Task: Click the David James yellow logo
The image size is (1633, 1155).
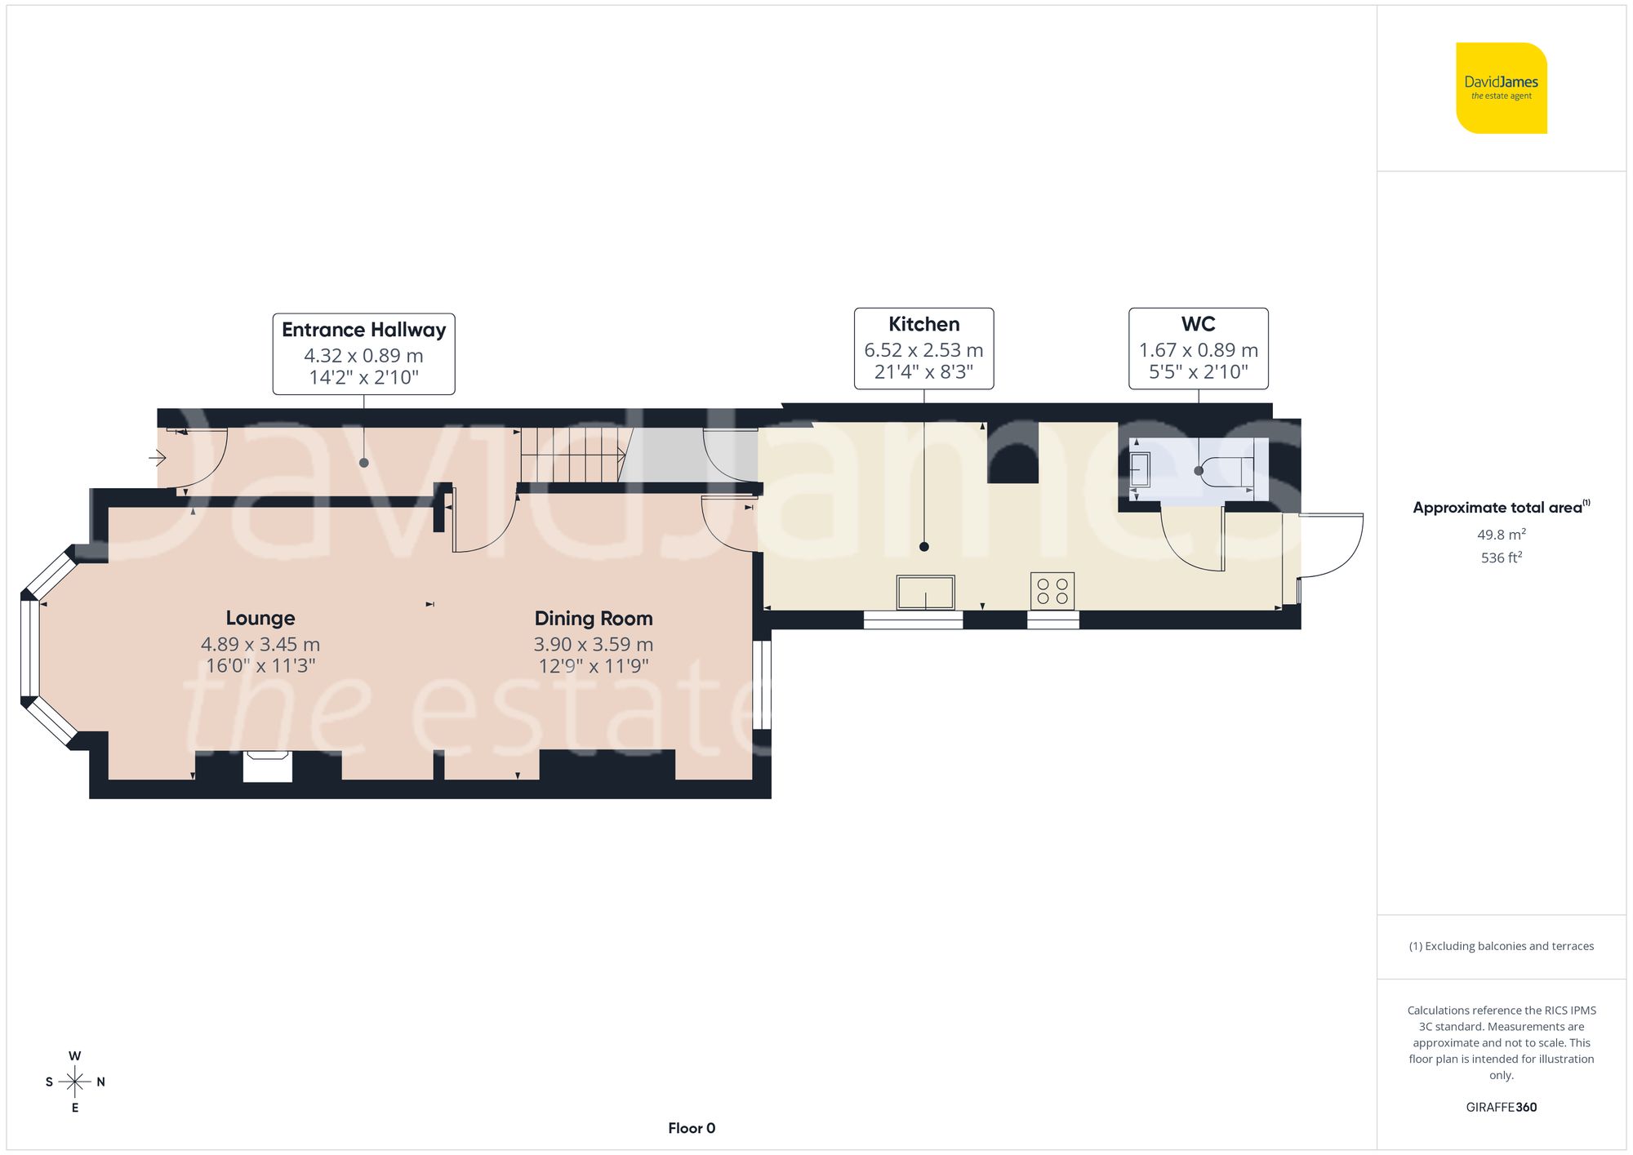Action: (x=1501, y=88)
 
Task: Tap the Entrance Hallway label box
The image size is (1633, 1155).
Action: (x=363, y=353)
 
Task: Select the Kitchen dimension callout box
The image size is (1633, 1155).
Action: (x=923, y=349)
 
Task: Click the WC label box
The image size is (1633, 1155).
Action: (x=1198, y=349)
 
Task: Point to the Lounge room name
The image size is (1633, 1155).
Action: (x=260, y=618)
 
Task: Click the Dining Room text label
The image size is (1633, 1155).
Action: (x=594, y=618)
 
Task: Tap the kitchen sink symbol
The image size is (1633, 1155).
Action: (x=925, y=592)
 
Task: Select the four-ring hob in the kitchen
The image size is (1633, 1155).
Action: (x=1052, y=591)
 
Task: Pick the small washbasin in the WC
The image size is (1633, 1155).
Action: (x=1140, y=470)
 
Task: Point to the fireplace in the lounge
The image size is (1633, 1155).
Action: (x=268, y=767)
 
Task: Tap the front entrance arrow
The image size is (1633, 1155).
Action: (x=158, y=459)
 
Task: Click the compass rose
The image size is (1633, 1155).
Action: (x=74, y=1082)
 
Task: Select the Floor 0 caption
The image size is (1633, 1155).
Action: (x=691, y=1128)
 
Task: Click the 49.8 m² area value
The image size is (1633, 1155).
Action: (x=1501, y=535)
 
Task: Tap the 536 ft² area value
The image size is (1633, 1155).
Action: (x=1501, y=558)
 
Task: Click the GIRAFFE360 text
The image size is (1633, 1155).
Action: (x=1501, y=1107)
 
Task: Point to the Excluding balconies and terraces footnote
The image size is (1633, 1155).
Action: (x=1501, y=946)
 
